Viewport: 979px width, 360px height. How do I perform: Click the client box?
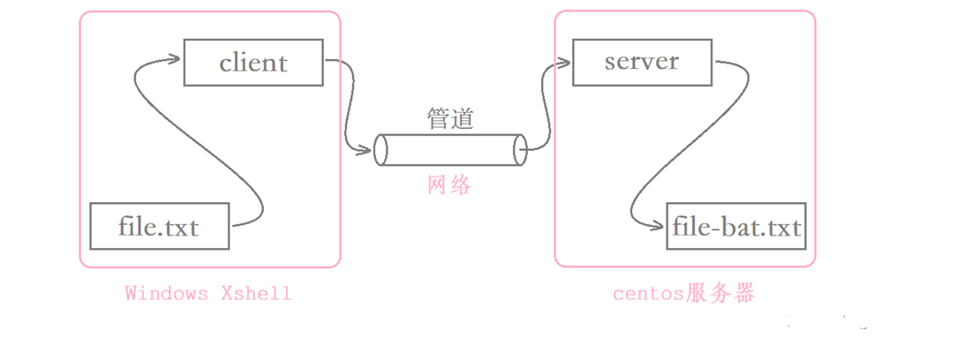point(253,63)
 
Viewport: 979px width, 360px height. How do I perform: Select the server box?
point(641,62)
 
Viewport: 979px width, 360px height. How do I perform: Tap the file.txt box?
point(159,226)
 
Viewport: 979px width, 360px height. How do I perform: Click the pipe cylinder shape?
point(450,150)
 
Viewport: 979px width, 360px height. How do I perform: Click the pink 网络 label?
point(449,184)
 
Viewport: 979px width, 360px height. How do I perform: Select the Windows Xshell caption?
point(207,293)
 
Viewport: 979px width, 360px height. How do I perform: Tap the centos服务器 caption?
point(684,293)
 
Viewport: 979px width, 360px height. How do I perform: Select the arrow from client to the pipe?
point(348,106)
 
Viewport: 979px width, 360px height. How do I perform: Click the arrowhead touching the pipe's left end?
point(365,152)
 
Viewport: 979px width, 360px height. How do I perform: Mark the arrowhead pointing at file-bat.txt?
point(659,227)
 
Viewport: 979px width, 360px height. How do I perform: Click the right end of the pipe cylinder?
point(520,150)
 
